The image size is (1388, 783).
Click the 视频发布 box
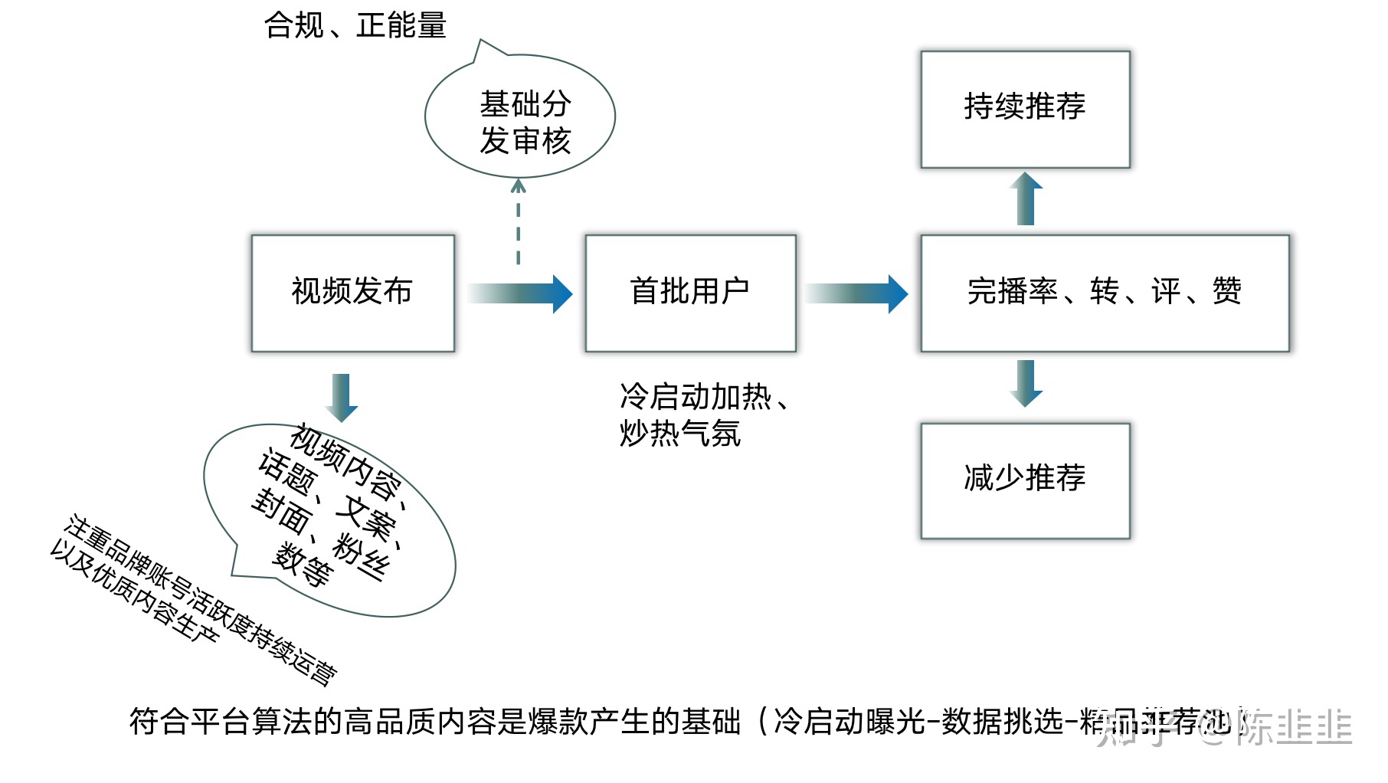pyautogui.click(x=352, y=293)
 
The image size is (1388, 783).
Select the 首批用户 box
pyautogui.click(x=689, y=293)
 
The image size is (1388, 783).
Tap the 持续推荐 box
pyautogui.click(x=1024, y=109)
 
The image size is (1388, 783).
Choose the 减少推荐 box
pyautogui.click(x=1024, y=480)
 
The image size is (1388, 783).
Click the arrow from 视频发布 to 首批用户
pyautogui.click(x=521, y=293)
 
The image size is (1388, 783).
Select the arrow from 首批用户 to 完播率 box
pyautogui.click(x=856, y=293)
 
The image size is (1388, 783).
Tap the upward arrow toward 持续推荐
pyautogui.click(x=1026, y=199)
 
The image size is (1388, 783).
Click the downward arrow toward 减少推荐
pyautogui.click(x=1026, y=382)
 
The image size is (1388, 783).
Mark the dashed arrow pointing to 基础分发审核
pyautogui.click(x=519, y=222)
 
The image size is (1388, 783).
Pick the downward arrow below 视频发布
pyautogui.click(x=342, y=397)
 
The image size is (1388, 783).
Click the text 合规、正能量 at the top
pyautogui.click(x=355, y=25)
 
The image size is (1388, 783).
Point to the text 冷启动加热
pyautogui.click(x=696, y=397)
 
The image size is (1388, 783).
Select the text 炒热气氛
pyautogui.click(x=680, y=434)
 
